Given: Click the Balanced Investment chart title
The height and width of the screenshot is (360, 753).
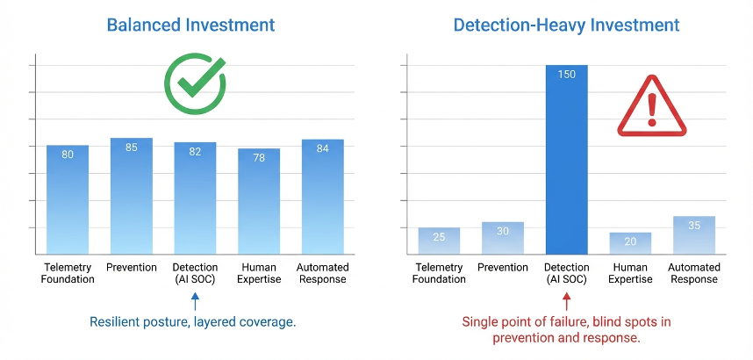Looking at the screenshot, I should click(x=190, y=25).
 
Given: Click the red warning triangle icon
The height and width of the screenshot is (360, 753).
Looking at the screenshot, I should click(x=650, y=108).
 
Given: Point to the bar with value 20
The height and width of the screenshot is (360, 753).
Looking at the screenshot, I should click(x=630, y=244).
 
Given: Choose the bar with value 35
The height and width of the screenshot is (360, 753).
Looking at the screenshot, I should click(x=693, y=235).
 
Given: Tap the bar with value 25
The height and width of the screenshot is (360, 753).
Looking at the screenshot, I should click(x=439, y=241).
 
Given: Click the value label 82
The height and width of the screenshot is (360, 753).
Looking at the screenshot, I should click(x=195, y=152).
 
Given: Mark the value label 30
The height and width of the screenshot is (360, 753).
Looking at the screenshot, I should click(x=503, y=231).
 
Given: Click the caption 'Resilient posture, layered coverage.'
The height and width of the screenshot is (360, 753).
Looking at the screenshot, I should click(x=193, y=322).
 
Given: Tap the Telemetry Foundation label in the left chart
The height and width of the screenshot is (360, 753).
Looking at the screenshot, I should click(x=68, y=273).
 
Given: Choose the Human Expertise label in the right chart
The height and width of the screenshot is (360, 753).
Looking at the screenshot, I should click(x=630, y=273).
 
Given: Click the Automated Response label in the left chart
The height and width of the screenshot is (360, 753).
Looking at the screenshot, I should click(x=323, y=273).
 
